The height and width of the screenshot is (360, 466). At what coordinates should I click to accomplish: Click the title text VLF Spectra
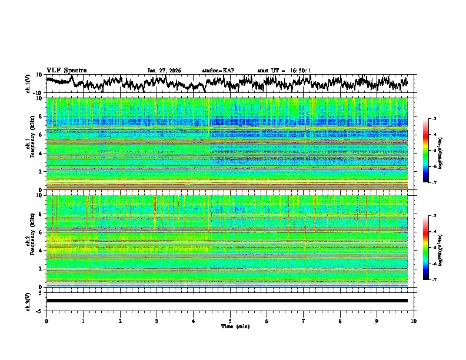(66, 70)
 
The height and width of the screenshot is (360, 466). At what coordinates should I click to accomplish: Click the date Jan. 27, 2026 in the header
(164, 71)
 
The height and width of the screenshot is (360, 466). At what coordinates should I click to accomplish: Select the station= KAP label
(218, 71)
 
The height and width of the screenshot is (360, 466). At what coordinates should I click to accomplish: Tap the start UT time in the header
(284, 71)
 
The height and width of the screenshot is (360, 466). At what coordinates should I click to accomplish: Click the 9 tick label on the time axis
(377, 321)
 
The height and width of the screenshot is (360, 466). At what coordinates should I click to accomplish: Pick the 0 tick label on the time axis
(46, 321)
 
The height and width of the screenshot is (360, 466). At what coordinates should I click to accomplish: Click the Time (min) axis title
(235, 326)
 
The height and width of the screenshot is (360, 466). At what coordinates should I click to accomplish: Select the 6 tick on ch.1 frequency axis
(40, 135)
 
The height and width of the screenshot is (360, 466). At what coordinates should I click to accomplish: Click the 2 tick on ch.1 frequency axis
(40, 172)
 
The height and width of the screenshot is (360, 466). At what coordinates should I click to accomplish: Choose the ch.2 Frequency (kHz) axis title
(31, 241)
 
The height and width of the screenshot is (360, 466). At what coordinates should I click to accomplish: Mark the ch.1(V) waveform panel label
(29, 84)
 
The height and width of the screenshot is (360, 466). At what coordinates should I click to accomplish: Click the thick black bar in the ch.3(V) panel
(227, 301)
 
